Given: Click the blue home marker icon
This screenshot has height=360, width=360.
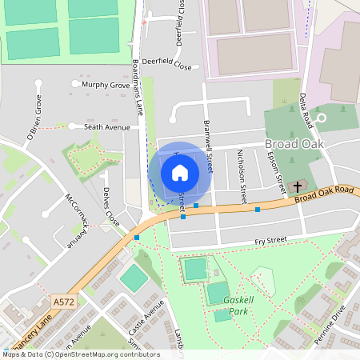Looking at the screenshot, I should (x=180, y=173).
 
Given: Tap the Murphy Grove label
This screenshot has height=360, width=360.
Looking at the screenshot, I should (x=106, y=84).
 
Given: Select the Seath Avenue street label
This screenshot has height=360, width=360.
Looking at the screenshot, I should (x=106, y=126).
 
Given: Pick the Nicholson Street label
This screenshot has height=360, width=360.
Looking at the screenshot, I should (x=242, y=182).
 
